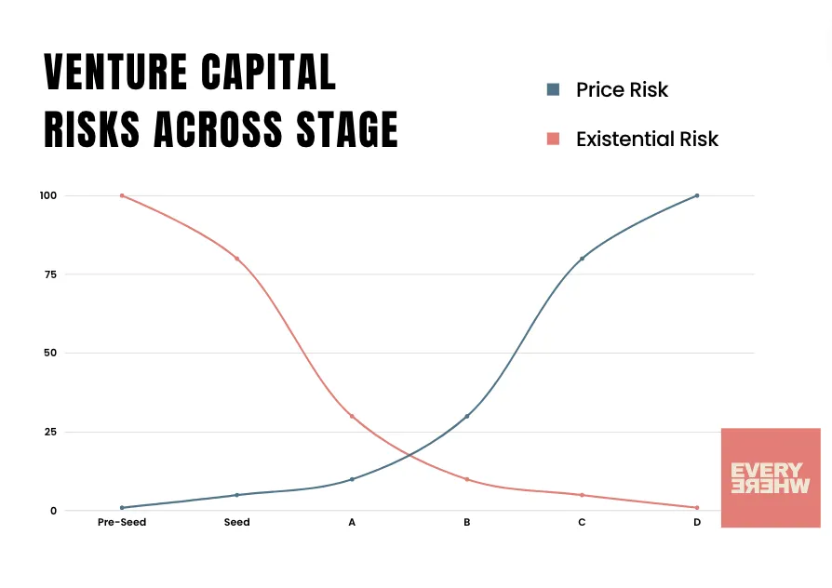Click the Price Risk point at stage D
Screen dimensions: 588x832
tap(697, 195)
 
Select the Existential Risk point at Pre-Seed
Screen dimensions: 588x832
tap(122, 195)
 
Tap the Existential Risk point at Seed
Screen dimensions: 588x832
tap(237, 259)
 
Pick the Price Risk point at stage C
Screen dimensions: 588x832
tap(582, 259)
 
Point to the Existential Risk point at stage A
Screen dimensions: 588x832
tap(352, 416)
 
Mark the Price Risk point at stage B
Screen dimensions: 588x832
tap(467, 416)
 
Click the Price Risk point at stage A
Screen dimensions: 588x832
tap(352, 479)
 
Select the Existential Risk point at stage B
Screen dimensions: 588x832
tap(467, 479)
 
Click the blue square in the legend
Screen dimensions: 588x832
tap(553, 90)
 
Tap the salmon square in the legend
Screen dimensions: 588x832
tap(553, 139)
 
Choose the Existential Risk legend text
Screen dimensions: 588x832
tap(647, 140)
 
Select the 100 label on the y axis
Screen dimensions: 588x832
tap(48, 195)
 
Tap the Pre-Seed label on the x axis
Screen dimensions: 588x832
tap(122, 523)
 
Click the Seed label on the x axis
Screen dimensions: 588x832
tap(237, 523)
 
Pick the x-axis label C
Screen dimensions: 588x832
tap(582, 523)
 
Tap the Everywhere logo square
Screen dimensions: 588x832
tap(771, 478)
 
